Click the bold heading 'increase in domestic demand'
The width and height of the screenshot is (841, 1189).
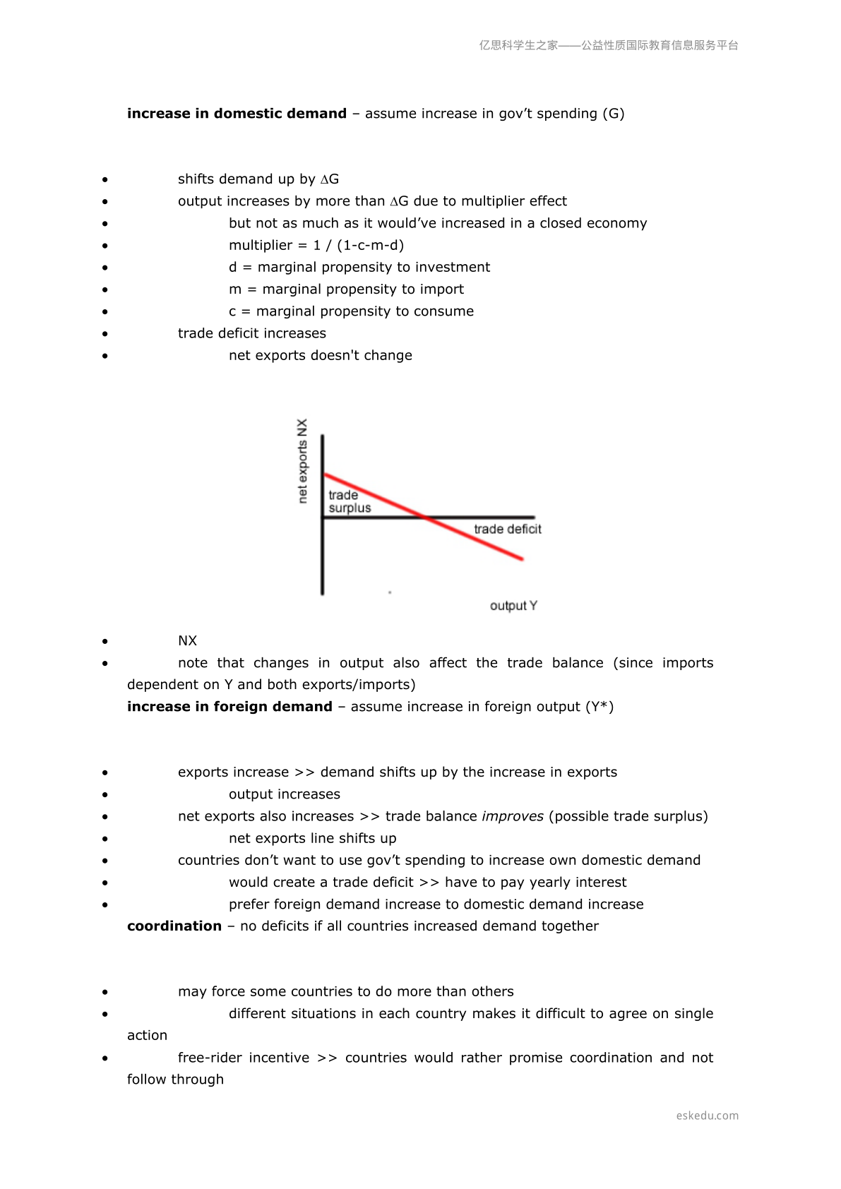237,114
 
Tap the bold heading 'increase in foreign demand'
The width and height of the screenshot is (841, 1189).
229,707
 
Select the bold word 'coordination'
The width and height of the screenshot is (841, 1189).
174,926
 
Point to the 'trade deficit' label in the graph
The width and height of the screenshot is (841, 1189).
507,530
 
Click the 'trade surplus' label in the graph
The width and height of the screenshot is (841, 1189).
349,501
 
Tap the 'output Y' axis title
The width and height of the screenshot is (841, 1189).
513,606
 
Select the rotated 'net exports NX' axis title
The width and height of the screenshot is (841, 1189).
303,461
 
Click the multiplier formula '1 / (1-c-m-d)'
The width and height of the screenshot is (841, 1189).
359,246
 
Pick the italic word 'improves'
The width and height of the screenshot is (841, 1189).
513,817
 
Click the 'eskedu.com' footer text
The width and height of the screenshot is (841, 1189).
707,1116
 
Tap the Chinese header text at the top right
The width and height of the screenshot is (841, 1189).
609,45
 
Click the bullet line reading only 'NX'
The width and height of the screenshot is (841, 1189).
187,641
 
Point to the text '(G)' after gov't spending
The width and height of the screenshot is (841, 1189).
613,114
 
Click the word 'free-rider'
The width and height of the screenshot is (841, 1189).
208,1058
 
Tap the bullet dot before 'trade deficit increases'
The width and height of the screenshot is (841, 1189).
105,334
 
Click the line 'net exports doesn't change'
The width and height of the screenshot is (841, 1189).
320,356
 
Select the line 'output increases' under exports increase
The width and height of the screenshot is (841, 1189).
284,794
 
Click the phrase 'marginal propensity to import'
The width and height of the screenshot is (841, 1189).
363,289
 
